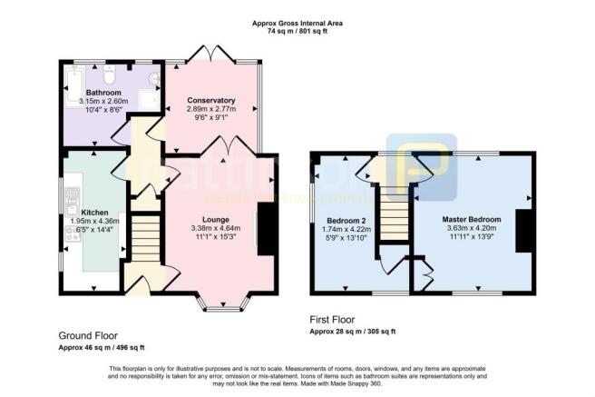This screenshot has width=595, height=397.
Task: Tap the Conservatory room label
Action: pos(211,100)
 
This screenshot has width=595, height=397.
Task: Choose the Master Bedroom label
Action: pos(472,220)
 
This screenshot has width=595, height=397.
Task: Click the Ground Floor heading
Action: pos(88,335)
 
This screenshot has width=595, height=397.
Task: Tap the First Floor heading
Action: pos(333,319)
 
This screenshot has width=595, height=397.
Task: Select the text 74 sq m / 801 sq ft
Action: pos(297,30)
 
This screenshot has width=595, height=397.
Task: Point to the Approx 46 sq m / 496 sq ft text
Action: pos(101,348)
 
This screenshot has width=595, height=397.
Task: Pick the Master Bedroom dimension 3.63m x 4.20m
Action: pos(472,229)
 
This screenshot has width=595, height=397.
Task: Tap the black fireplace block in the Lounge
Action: pos(265,229)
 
